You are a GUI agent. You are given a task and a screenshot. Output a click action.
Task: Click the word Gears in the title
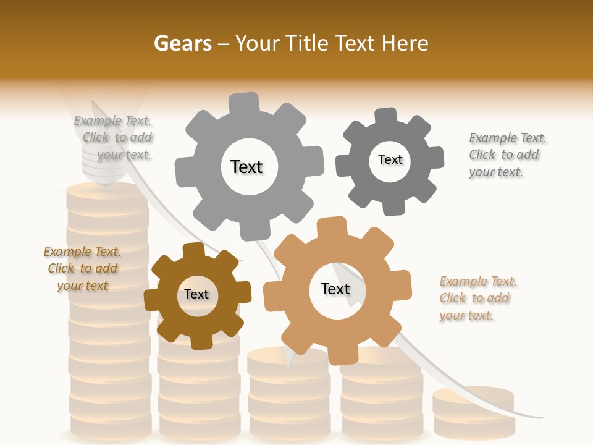(x=182, y=43)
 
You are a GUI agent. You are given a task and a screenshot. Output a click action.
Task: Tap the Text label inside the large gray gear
(x=246, y=167)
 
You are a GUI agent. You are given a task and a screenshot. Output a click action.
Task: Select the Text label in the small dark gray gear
(x=390, y=159)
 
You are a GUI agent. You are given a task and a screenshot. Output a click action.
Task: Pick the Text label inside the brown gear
(x=196, y=294)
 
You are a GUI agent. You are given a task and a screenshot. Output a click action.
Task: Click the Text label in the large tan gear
(x=335, y=289)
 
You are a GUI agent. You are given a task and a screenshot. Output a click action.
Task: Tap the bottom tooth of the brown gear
(x=201, y=341)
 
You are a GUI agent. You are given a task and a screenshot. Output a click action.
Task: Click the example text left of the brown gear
(x=82, y=269)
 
